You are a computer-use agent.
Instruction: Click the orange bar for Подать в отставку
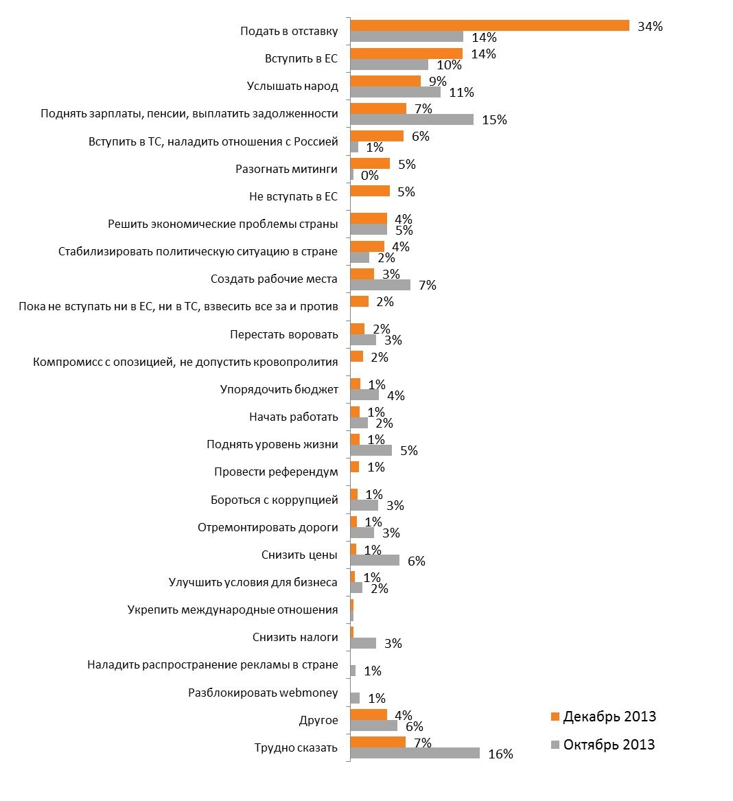(489, 25)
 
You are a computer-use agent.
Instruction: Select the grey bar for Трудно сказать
(415, 753)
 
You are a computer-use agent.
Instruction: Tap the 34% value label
(649, 27)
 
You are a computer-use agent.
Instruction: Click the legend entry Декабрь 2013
(609, 717)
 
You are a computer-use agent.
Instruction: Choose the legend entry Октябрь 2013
(608, 745)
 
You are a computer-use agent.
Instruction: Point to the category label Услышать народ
(292, 86)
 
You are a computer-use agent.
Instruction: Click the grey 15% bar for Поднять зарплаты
(412, 119)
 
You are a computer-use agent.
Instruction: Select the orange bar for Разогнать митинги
(370, 163)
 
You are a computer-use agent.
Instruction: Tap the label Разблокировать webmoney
(263, 693)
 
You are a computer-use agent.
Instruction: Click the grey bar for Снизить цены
(375, 560)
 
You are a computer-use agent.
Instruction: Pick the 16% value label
(500, 754)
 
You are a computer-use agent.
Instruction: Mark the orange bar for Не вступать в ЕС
(370, 191)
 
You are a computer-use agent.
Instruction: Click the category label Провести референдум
(276, 472)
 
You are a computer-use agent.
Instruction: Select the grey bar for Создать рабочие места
(380, 285)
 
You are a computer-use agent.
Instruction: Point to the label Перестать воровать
(284, 334)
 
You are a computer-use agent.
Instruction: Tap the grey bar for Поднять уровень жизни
(371, 450)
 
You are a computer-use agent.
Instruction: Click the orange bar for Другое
(369, 715)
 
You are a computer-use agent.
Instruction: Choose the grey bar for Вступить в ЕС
(389, 65)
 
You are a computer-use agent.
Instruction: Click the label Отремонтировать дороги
(268, 527)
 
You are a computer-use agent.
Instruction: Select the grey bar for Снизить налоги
(363, 643)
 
